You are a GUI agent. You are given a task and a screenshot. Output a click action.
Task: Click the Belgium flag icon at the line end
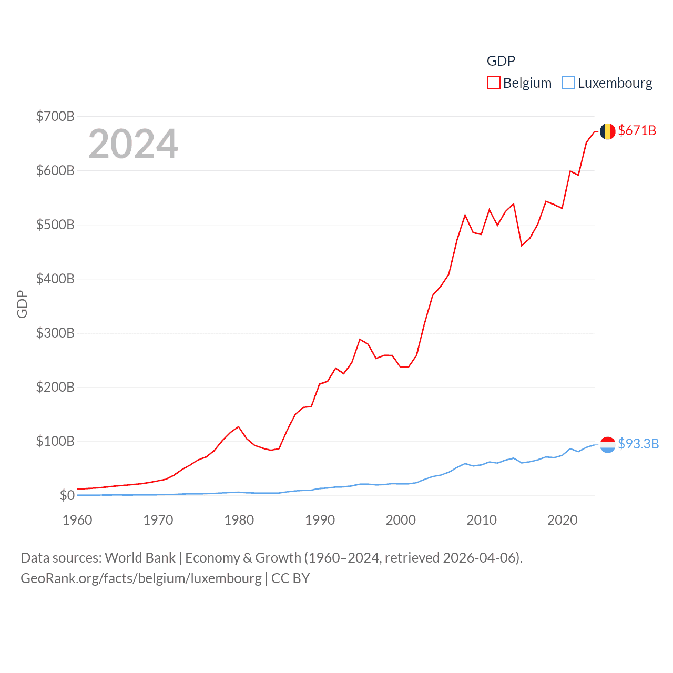[607, 131]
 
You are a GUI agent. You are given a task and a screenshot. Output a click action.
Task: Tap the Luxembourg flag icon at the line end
[607, 445]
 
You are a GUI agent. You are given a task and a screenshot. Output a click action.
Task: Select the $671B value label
[637, 130]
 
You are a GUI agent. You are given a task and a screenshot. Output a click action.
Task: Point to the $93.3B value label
[638, 444]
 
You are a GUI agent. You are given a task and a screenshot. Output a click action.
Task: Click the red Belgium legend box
[493, 83]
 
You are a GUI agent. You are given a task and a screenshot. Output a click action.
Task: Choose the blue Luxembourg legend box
[568, 83]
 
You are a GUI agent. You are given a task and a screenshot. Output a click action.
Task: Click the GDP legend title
[501, 61]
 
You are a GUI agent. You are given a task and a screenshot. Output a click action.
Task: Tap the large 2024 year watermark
[133, 144]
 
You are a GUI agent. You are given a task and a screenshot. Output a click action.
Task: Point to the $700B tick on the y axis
[55, 116]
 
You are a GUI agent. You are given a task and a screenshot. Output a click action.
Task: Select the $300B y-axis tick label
[55, 333]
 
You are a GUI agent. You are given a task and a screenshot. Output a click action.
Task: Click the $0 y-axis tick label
[67, 495]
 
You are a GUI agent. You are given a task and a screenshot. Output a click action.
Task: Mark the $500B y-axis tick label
[55, 225]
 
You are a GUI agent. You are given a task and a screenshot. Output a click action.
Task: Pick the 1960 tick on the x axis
[77, 520]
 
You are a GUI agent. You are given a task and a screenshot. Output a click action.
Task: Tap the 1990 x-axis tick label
[320, 520]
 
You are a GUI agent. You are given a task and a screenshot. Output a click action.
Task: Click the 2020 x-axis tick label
[562, 520]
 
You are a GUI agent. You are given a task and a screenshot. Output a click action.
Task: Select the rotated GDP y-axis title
[22, 304]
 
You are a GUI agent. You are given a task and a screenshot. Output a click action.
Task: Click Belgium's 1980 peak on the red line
[239, 426]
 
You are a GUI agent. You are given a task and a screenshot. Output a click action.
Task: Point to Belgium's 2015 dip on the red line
[522, 246]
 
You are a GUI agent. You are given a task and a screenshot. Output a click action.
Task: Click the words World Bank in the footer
[140, 557]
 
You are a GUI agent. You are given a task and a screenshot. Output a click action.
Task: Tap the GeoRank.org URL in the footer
[141, 578]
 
